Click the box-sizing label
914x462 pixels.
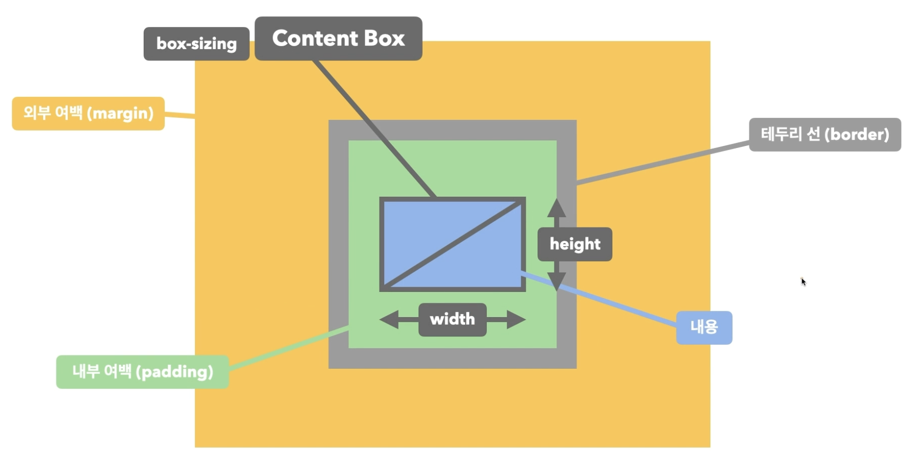196,44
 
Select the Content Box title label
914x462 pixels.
339,38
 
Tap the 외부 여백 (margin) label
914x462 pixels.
88,113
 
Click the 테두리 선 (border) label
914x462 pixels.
825,134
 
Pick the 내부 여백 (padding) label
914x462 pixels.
143,371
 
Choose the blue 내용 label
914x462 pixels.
704,327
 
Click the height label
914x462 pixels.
574,244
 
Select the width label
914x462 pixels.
452,320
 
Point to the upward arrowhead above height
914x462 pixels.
557,207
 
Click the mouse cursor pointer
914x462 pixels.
803,281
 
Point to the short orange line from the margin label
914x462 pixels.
180,115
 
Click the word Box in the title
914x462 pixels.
384,38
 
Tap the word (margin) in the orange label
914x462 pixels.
121,113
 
